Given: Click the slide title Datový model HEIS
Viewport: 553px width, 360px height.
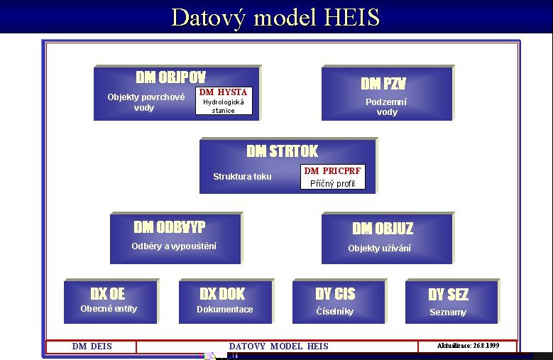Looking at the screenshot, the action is click(x=275, y=17).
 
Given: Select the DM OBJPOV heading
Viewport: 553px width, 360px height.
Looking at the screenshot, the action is click(x=170, y=77).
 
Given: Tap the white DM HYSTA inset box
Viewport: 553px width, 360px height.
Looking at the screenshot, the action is click(x=224, y=101).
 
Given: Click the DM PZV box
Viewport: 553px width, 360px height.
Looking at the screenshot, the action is click(x=388, y=93).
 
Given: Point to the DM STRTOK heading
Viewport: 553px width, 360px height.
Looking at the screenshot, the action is click(x=282, y=151).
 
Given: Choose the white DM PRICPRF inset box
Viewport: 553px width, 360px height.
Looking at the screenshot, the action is click(x=332, y=177).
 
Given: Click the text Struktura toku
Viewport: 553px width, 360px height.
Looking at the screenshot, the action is click(x=242, y=176).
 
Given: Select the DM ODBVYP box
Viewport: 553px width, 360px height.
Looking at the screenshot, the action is click(x=176, y=238).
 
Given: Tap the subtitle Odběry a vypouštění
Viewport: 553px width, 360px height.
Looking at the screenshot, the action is click(x=174, y=246).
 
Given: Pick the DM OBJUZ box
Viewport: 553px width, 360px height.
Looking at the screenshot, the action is click(x=388, y=238).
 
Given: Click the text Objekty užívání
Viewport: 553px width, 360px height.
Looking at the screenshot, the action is click(x=379, y=249).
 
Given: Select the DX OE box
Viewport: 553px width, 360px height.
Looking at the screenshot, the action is click(x=111, y=302).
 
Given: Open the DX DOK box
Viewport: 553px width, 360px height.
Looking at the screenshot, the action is click(x=226, y=302).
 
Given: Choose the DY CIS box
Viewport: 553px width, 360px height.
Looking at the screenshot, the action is click(x=339, y=302).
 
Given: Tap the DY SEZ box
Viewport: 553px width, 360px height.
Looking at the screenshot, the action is click(x=452, y=302).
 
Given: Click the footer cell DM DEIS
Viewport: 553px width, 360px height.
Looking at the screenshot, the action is click(x=92, y=347).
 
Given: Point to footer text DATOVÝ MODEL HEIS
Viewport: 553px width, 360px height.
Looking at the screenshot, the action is click(x=278, y=347).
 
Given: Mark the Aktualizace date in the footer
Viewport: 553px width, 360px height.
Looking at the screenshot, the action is click(x=468, y=346).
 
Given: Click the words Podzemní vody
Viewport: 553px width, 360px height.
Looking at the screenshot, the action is click(x=387, y=107).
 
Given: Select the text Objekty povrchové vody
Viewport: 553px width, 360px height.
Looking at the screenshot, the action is click(x=146, y=102).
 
